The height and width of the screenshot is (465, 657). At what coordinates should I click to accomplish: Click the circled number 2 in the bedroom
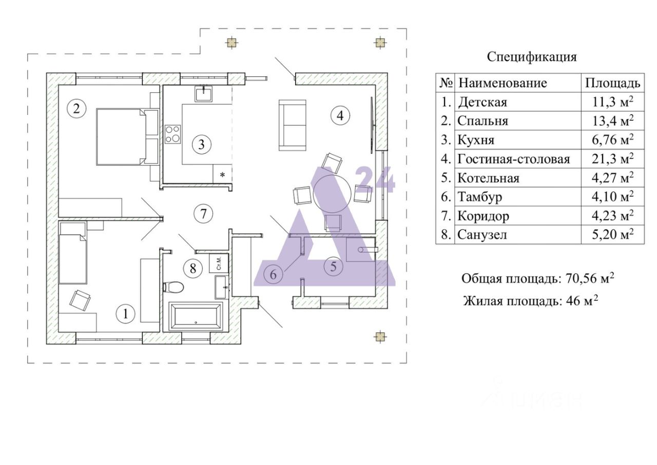point(76,108)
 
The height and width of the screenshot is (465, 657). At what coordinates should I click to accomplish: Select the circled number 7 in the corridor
point(203,212)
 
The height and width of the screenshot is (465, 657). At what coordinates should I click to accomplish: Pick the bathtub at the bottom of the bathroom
point(196,316)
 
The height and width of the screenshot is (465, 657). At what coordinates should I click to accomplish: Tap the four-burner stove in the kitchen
point(172,133)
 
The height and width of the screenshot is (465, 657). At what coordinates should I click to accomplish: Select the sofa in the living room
point(289,125)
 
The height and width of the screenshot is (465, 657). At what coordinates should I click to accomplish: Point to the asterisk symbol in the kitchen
point(222,175)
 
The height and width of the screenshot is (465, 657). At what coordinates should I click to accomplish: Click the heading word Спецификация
point(532,56)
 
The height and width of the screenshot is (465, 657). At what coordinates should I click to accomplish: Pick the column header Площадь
point(613,83)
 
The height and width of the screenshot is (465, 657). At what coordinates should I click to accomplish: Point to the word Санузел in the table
point(482,235)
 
